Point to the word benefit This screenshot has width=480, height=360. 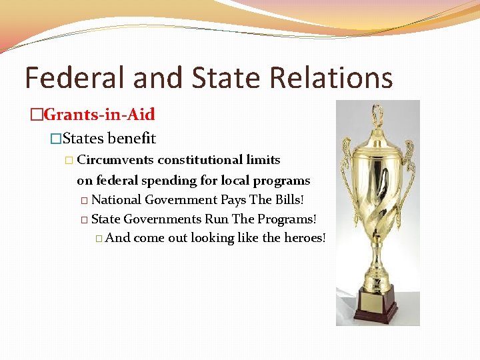click(131, 139)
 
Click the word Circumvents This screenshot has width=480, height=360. click(115, 160)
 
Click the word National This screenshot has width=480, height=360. click(116, 199)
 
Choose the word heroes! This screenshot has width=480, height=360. click(303, 238)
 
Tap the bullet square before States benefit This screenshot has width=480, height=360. click(56, 139)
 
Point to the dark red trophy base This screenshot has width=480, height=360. click(378, 313)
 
